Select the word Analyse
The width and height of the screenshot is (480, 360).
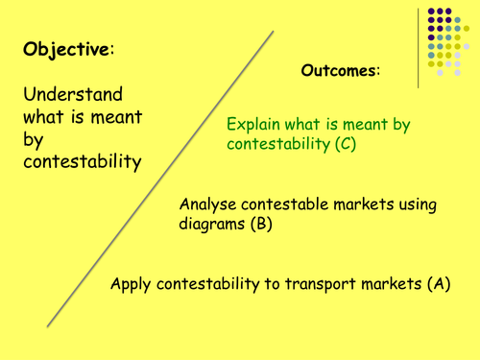[209, 204]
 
